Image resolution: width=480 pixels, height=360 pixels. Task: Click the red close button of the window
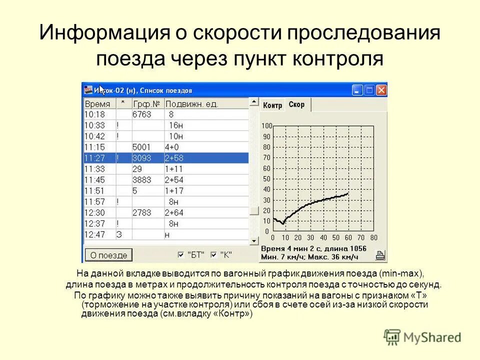pyautogui.click(x=381, y=90)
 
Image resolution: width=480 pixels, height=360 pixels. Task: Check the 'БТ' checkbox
pyautogui.click(x=181, y=254)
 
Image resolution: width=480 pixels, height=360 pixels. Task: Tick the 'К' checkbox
pyautogui.click(x=213, y=254)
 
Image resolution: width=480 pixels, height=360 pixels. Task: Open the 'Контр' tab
pyautogui.click(x=272, y=105)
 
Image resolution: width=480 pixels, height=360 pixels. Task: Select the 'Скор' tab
pyautogui.click(x=296, y=104)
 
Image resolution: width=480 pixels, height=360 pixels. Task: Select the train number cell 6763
pyautogui.click(x=141, y=114)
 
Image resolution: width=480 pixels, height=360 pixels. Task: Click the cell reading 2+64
pyautogui.click(x=174, y=212)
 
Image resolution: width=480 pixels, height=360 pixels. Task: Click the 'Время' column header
pyautogui.click(x=97, y=104)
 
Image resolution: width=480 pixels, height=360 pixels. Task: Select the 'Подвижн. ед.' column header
pyautogui.click(x=192, y=104)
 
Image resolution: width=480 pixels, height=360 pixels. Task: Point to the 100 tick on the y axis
pyautogui.click(x=266, y=125)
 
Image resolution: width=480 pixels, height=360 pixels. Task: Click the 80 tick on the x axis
pyautogui.click(x=374, y=237)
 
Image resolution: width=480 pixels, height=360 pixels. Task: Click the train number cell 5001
pyautogui.click(x=141, y=147)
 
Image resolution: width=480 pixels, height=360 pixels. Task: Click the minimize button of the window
pyautogui.click(x=357, y=90)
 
